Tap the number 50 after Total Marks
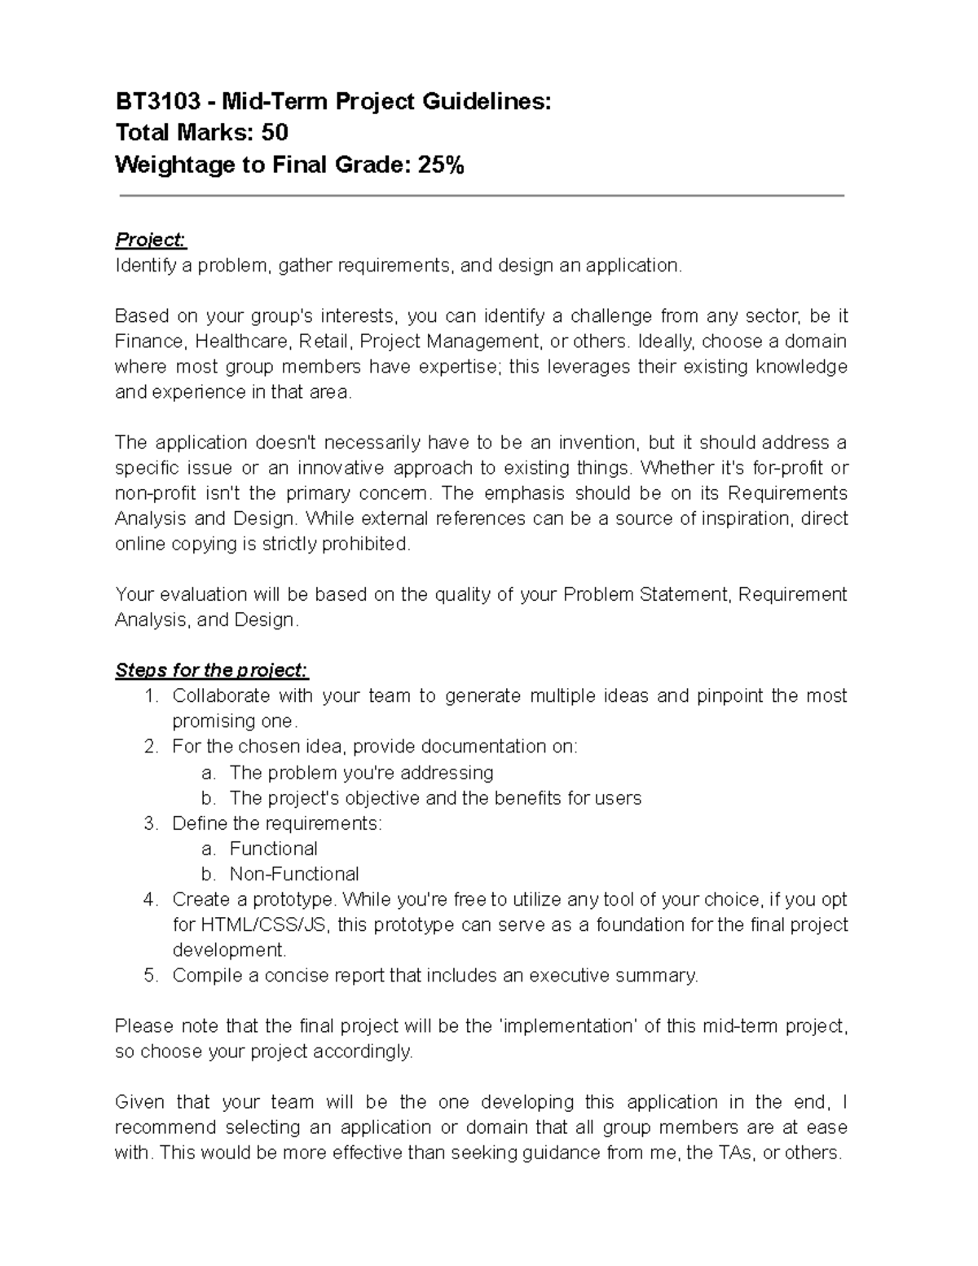tap(275, 133)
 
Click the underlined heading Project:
tap(151, 240)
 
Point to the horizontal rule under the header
tap(481, 196)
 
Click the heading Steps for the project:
tap(212, 670)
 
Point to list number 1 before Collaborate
tap(149, 696)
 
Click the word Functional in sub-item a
tap(273, 849)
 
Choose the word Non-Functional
tap(293, 874)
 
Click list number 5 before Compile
tap(149, 976)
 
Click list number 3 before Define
tap(149, 823)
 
